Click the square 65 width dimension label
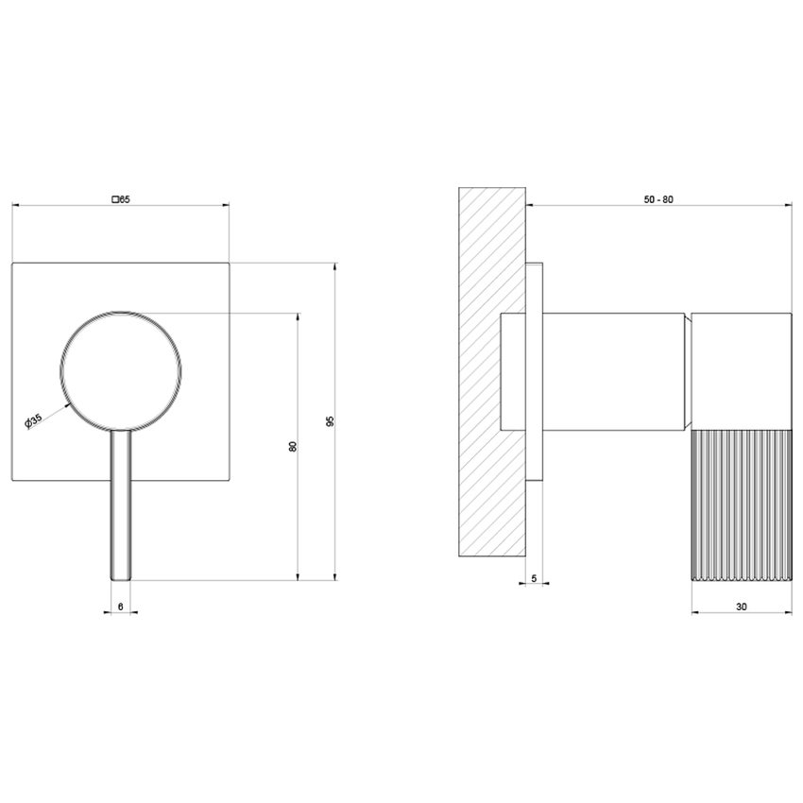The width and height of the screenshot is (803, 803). coord(120,198)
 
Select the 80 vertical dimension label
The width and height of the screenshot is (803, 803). coord(293,445)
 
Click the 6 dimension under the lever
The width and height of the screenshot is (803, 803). coord(120,606)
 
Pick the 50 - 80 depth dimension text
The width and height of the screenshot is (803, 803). coord(658,198)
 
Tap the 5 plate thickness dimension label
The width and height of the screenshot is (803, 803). coord(535,577)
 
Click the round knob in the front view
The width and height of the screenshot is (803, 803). coord(120,368)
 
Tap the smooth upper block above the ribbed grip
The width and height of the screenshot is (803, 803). coord(741,370)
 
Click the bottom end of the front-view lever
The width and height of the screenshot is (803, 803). coord(120,576)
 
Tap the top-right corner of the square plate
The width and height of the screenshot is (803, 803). coord(229,262)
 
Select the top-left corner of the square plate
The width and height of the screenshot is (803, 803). coord(12,262)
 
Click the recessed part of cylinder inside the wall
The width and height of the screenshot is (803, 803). coord(512,370)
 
